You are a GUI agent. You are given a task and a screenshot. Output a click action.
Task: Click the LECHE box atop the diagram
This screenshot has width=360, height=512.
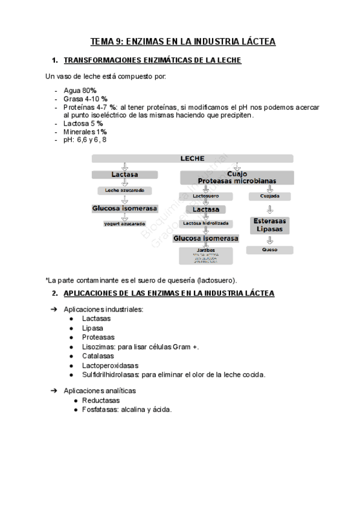[x=192, y=158]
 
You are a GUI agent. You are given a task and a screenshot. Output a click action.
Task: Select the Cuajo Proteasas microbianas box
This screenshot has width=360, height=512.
[x=237, y=177]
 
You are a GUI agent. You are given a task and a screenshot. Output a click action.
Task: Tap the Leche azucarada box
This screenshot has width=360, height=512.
[x=124, y=191]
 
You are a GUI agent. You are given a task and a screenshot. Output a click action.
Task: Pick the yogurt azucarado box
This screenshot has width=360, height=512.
[x=124, y=224]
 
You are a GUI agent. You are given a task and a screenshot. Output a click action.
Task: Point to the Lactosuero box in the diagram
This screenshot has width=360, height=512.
[x=206, y=196]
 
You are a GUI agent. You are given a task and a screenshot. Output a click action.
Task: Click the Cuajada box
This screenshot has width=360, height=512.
[x=269, y=196]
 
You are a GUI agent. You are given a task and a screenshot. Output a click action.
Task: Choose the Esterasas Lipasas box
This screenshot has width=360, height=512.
[x=270, y=225]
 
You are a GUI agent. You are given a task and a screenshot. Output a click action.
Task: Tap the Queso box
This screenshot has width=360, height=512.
[x=270, y=249]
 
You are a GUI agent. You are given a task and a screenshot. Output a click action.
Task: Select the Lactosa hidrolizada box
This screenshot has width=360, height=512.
[x=206, y=223]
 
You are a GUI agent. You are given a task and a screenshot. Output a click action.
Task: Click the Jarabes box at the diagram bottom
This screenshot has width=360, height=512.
[x=206, y=255]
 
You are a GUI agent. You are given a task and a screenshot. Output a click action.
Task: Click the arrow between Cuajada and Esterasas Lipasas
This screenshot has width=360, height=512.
[x=270, y=209]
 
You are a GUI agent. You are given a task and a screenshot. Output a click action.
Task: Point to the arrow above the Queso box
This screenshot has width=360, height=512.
[x=270, y=239]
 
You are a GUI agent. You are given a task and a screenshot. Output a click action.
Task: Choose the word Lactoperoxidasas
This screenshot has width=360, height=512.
[x=110, y=365]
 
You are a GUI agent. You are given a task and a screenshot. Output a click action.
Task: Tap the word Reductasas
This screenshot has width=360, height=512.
[x=101, y=400]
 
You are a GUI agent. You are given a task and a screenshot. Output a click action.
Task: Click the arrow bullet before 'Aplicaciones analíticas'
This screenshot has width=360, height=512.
[x=53, y=391]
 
